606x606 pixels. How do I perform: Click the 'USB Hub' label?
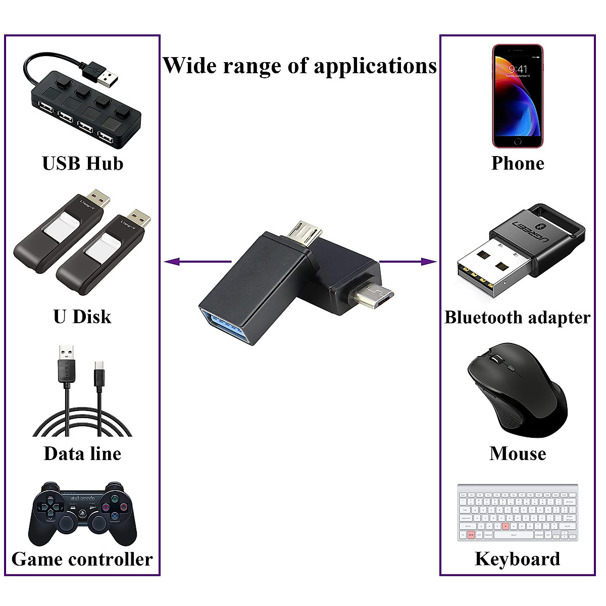point(82,164)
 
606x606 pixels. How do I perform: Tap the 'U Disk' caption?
point(82,317)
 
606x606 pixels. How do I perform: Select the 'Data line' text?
point(82,453)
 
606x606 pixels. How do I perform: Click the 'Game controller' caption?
point(82,559)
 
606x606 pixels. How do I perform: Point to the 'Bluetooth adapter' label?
point(517,318)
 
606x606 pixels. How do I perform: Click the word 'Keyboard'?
point(518,559)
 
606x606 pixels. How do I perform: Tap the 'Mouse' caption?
point(518,453)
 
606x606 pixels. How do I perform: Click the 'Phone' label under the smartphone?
point(518,164)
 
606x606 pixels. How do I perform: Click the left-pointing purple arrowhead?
point(172,262)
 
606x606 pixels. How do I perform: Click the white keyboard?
point(518,513)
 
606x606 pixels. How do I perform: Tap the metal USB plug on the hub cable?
point(106,75)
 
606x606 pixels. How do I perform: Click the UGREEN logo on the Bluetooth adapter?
point(530,230)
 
